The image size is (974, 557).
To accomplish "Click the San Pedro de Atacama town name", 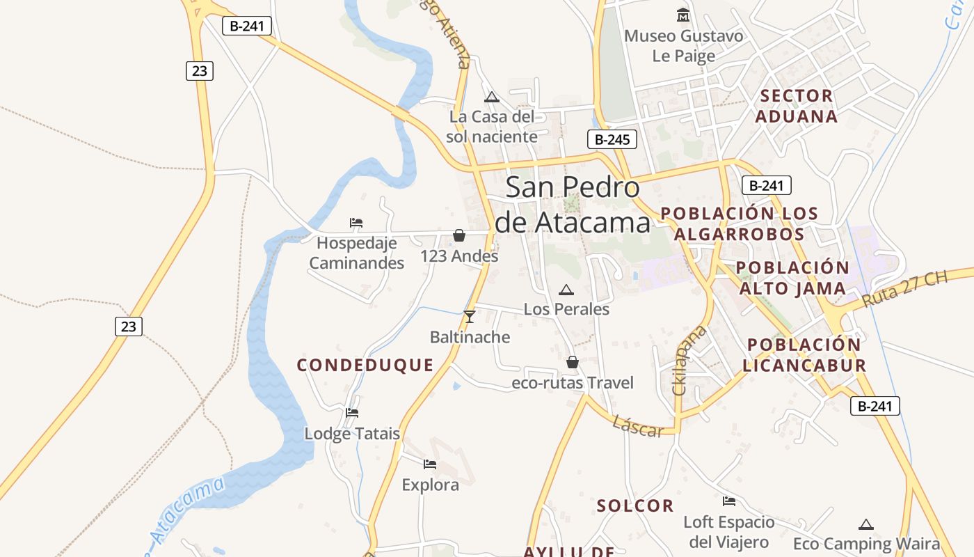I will tap(572, 205).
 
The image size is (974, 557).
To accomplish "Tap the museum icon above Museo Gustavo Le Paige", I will tap(683, 15).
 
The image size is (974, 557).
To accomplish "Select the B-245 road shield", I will tap(612, 139).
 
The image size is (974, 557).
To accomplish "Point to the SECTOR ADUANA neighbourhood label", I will tap(796, 106).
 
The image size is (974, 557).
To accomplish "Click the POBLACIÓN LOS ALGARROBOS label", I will tap(739, 223).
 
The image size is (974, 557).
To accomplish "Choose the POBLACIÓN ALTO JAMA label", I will tap(792, 278).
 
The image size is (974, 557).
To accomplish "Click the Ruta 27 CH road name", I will tap(904, 289).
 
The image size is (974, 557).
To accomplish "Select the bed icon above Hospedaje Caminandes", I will tap(356, 223).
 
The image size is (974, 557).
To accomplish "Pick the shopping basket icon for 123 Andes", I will tap(459, 235).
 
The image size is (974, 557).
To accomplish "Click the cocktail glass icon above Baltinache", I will tap(470, 317).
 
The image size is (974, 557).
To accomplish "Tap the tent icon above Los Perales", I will tap(566, 290).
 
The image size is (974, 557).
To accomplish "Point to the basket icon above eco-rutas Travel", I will tap(572, 362).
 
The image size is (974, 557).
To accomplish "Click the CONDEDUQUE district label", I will tap(365, 365).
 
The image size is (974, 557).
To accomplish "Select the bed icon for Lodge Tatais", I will tap(352, 413).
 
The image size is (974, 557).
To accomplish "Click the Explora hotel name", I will tap(430, 485).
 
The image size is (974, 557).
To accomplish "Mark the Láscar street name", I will tap(638, 426).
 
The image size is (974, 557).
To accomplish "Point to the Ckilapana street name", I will tap(689, 360).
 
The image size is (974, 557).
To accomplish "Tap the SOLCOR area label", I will tap(635, 505).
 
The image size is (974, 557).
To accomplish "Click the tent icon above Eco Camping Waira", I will tap(866, 524).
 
